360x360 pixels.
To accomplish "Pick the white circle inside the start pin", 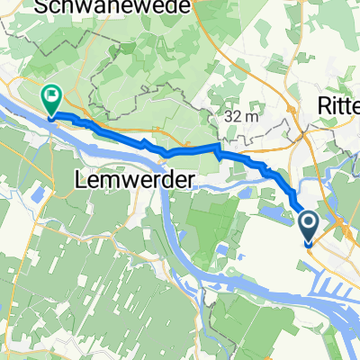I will pyautogui.click(x=307, y=221).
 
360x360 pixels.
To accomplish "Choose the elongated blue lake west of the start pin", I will pyautogui.click(x=270, y=214).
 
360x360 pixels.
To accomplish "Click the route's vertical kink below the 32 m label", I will pyautogui.click(x=217, y=148).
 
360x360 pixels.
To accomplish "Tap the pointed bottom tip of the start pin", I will pyautogui.click(x=307, y=246).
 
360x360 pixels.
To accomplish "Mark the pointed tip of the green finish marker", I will pyautogui.click(x=51, y=116).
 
